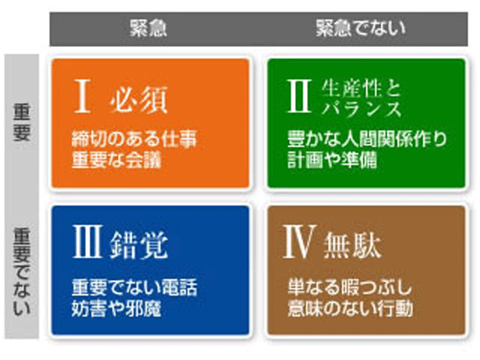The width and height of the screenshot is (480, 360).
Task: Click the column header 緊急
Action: (148, 29)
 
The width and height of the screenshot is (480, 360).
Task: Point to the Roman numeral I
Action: (83, 96)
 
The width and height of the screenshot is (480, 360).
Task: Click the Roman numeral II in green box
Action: (300, 96)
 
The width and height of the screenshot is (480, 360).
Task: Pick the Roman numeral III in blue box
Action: (87, 242)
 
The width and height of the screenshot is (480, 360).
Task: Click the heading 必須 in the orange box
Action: (139, 99)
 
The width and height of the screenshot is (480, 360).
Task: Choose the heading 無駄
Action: (352, 245)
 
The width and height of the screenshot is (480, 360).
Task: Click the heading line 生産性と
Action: (361, 88)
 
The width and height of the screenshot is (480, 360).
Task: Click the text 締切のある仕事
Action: (134, 139)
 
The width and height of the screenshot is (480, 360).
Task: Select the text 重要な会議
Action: (116, 160)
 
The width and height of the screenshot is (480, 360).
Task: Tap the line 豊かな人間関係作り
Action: (367, 139)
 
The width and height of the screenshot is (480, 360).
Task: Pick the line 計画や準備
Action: (333, 160)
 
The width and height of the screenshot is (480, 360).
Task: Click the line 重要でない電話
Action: (134, 287)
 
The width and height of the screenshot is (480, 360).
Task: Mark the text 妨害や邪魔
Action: (116, 308)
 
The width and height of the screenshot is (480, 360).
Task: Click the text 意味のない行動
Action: (350, 308)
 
